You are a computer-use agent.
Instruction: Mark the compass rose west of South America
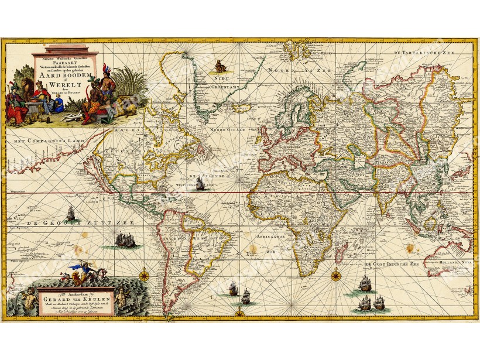143,274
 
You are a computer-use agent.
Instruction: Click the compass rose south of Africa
336,276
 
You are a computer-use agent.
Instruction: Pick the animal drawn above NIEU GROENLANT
220,66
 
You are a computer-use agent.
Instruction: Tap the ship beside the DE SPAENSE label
200,184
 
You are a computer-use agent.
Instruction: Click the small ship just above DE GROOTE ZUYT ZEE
70,212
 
